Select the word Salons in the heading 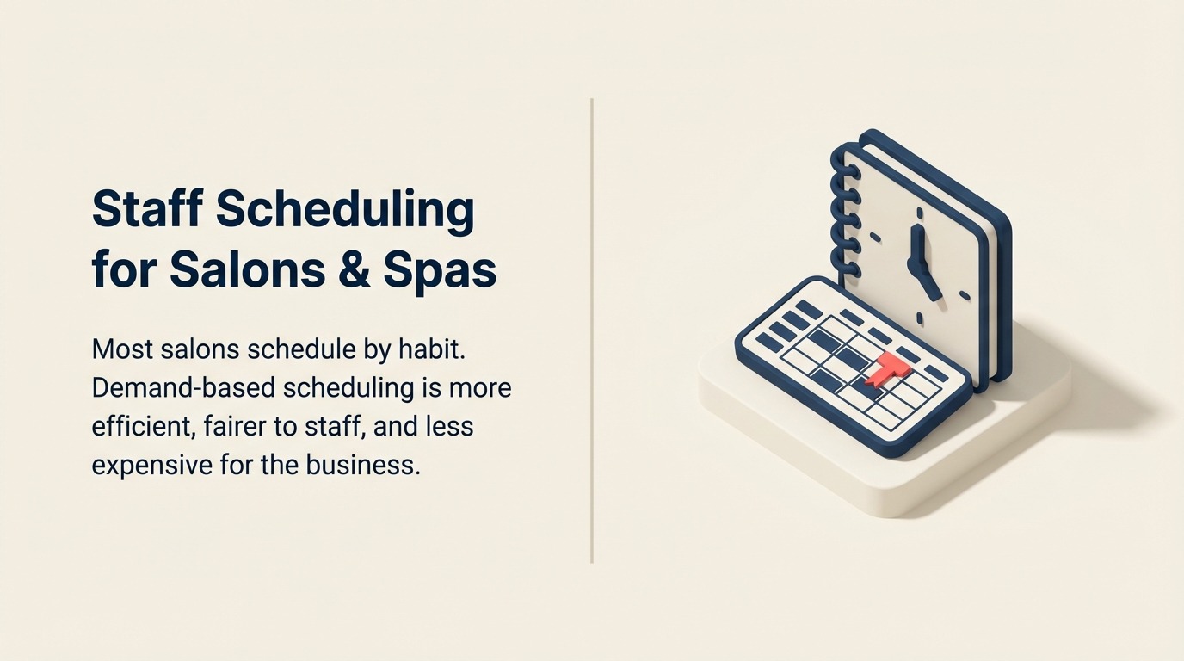click(248, 269)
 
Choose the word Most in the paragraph click(121, 349)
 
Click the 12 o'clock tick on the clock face click(920, 211)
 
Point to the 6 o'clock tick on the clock click(919, 319)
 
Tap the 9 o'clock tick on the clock click(875, 235)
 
